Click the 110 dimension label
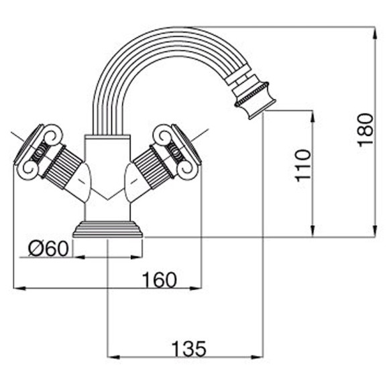tap(302, 166)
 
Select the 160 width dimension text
tap(160, 280)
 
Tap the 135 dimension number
tap(188, 349)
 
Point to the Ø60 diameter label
tap(48, 249)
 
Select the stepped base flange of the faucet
tap(108, 229)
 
